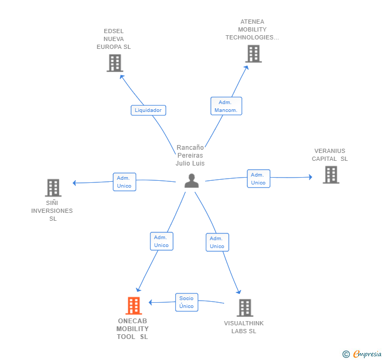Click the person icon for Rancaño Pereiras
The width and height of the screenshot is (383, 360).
point(191,181)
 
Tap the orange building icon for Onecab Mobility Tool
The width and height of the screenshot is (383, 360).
point(134,306)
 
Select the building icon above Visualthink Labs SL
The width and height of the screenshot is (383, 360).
point(245,308)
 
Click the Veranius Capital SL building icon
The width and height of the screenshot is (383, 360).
point(330,175)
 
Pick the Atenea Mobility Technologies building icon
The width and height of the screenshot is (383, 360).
point(253,54)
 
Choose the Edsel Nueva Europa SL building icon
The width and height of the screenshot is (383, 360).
point(114,63)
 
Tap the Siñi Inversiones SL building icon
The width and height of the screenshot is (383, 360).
point(53,188)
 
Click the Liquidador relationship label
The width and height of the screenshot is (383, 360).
point(148,110)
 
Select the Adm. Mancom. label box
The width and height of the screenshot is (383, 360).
point(226,106)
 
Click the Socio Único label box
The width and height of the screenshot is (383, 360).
point(186,302)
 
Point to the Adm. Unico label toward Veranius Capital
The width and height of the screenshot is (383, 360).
point(258,179)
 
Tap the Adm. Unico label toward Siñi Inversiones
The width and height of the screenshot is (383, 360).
point(124,182)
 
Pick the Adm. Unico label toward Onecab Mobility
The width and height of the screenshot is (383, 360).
point(161,241)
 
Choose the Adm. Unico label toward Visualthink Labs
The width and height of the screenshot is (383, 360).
point(217,242)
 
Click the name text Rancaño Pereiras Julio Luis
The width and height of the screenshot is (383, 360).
point(190,156)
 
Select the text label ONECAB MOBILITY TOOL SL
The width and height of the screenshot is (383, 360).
point(133,329)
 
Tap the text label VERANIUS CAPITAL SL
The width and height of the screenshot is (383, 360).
point(330,155)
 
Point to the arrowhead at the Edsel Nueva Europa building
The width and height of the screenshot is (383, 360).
point(122,76)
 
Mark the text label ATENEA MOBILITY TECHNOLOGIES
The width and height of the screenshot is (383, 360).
point(252,29)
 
